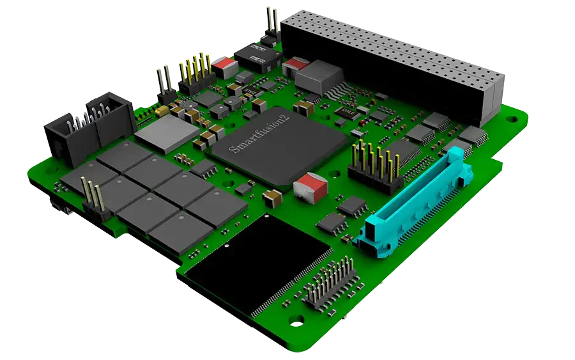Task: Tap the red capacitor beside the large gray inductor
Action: [x=295, y=63]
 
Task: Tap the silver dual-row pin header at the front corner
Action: [x=331, y=282]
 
